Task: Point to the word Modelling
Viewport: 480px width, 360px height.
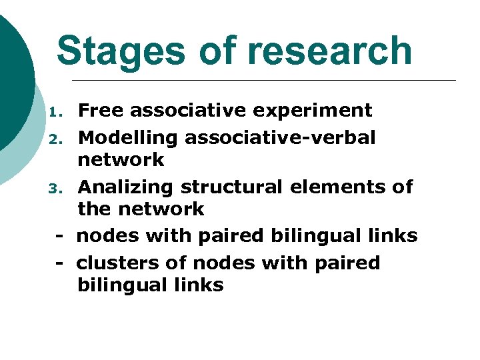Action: [129, 137]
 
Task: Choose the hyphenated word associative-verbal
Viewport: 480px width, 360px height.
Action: [280, 137]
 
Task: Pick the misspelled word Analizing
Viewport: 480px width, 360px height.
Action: [126, 187]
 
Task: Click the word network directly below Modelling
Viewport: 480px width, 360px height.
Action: [121, 160]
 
